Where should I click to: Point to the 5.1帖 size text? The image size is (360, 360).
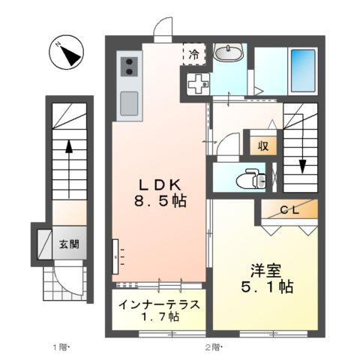pyautogui.click(x=266, y=286)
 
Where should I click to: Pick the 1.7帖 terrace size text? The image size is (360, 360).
pyautogui.click(x=159, y=318)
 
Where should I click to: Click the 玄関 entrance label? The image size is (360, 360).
pyautogui.click(x=70, y=244)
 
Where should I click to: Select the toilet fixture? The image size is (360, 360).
pyautogui.click(x=247, y=179)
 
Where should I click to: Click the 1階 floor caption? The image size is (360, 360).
pyautogui.click(x=60, y=347)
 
